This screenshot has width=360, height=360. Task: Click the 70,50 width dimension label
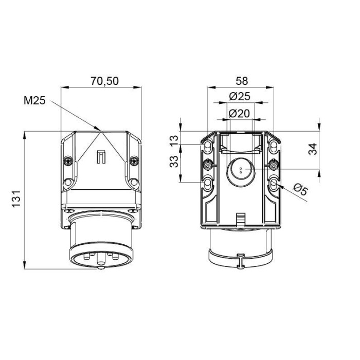point(104,81)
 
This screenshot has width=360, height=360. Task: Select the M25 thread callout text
point(34,101)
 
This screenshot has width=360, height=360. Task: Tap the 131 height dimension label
point(16,199)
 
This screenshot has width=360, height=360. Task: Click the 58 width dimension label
point(242,81)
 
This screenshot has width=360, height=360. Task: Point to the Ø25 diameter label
point(240,97)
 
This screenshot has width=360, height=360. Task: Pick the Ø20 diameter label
point(239,114)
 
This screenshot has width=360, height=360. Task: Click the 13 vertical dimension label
point(174,140)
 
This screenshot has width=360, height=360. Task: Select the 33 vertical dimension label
point(174,161)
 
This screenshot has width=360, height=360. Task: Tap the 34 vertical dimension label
point(313,149)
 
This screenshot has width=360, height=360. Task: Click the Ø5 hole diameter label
point(300,190)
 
